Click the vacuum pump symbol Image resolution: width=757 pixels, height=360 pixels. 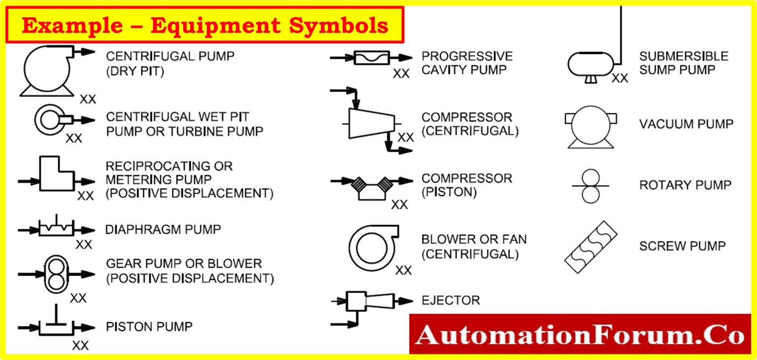(x=590, y=126)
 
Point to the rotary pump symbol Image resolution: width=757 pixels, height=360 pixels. (x=590, y=186)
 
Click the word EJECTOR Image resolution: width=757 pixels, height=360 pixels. (x=450, y=300)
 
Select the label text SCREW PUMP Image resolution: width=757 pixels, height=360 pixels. (x=683, y=246)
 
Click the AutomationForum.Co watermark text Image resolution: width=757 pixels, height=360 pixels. (x=580, y=335)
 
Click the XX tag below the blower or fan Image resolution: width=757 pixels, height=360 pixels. (x=404, y=270)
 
